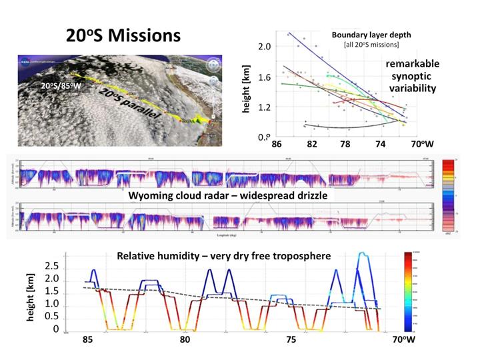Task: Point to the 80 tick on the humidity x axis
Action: tap(185, 340)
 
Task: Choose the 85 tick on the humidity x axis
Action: tap(87, 340)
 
